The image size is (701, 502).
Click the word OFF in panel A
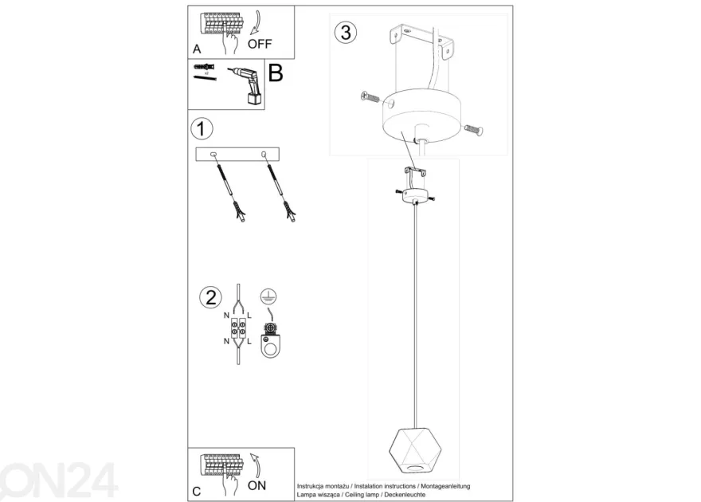tap(260, 44)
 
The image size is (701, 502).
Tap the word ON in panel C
tap(257, 485)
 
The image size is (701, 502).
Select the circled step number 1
tap(202, 129)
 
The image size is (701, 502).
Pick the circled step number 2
tap(210, 298)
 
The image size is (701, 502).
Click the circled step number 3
tap(346, 33)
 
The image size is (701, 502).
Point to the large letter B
tap(276, 73)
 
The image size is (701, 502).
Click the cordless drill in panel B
tap(247, 86)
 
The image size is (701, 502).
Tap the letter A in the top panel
tap(197, 49)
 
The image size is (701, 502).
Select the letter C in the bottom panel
tap(197, 492)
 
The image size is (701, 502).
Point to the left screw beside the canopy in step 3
tap(370, 96)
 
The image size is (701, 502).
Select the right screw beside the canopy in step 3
tap(474, 130)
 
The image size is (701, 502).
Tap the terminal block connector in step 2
tap(238, 328)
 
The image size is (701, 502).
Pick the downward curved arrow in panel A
tap(257, 22)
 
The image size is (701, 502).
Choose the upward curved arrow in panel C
tap(257, 465)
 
